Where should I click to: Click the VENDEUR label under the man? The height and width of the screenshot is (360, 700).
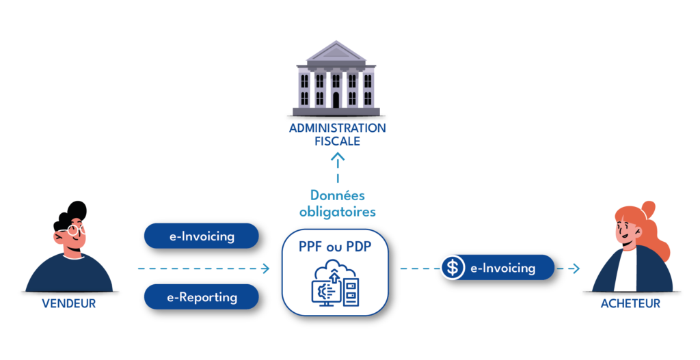pyautogui.click(x=68, y=304)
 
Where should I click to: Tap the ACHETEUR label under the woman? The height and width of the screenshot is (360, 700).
pyautogui.click(x=630, y=304)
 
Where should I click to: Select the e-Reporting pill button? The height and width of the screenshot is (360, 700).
pyautogui.click(x=202, y=297)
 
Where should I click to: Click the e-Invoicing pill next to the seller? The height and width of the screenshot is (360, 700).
pyautogui.click(x=202, y=236)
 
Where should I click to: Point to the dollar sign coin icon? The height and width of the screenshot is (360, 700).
pyautogui.click(x=452, y=268)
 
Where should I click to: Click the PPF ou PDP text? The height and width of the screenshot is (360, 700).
pyautogui.click(x=335, y=247)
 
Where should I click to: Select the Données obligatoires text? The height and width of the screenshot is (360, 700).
pyautogui.click(x=338, y=204)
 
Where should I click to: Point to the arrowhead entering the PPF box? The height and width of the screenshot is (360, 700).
pyautogui.click(x=266, y=268)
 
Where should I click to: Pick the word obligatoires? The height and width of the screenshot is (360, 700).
pyautogui.click(x=338, y=212)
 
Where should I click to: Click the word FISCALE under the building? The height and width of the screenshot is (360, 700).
pyautogui.click(x=338, y=142)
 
